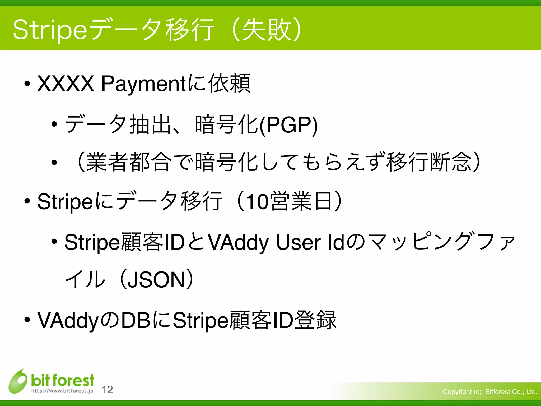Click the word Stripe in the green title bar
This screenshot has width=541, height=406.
pos(50,30)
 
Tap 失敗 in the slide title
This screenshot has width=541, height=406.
pos(267,30)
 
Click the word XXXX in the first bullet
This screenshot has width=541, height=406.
pos(66,84)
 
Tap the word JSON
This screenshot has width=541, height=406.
pos(156,280)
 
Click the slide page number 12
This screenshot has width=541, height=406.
pos(108,390)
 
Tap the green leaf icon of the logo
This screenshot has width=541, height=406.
pos(18,381)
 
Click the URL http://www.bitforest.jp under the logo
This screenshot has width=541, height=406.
pos(62,391)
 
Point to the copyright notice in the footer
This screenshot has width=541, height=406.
pos(490,391)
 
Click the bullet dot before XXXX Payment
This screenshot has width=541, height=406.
pos(27,84)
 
